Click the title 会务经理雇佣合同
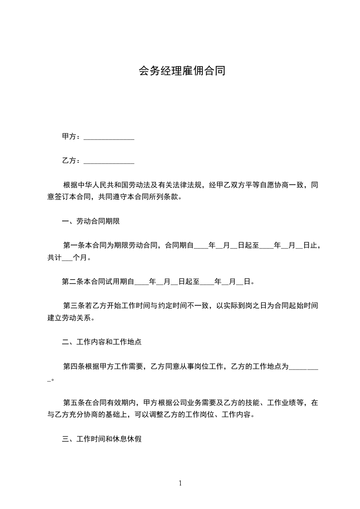[x=182, y=71]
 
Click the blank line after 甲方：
[x=109, y=137]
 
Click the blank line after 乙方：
[x=109, y=161]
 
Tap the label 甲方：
[x=72, y=137]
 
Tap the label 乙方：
[x=72, y=161]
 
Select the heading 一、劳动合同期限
[x=90, y=221]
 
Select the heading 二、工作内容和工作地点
[x=101, y=342]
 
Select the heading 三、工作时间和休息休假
[x=101, y=439]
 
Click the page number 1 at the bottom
[x=180, y=483]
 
